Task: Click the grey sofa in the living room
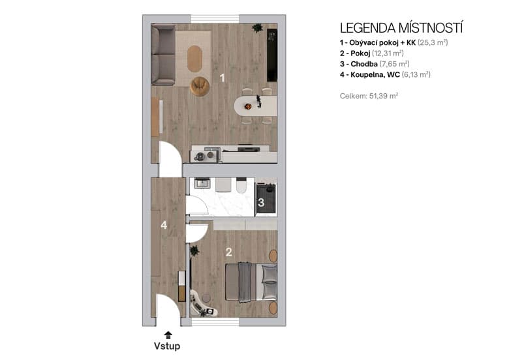pos(163,55)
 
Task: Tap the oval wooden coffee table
pos(195,58)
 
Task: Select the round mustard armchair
pos(199,86)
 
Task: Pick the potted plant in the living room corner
pos(257,28)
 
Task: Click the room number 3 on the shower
pos(260,203)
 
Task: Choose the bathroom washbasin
pos(202,185)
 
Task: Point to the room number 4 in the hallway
pos(164,225)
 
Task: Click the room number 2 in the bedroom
pos(228,252)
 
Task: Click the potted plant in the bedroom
pos(194,250)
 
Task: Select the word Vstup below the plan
pos(167,346)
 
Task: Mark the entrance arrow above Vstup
pos(168,335)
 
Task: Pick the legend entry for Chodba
pos(370,64)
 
